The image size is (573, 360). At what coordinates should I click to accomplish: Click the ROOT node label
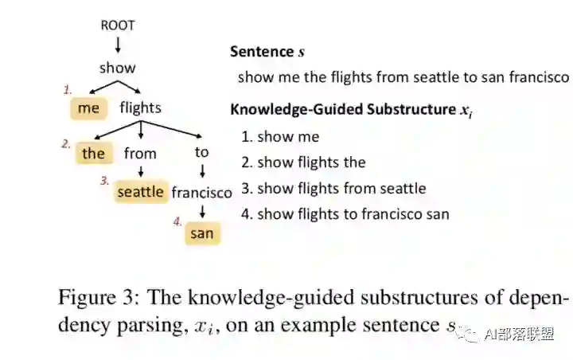coord(118,25)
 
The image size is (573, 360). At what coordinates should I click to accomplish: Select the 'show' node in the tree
coord(118,68)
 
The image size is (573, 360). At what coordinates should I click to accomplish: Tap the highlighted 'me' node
coord(88,108)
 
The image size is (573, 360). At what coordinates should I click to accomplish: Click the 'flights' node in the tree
coord(140,108)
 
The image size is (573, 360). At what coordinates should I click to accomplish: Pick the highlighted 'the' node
coord(93,154)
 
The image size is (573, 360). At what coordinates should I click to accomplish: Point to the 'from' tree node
coord(140,154)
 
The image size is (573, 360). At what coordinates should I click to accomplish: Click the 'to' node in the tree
coord(202,152)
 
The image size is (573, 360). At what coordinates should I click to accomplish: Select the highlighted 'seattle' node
coord(140,192)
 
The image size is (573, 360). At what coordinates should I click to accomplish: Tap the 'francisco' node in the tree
coord(201,193)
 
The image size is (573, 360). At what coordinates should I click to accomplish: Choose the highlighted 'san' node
coord(201,234)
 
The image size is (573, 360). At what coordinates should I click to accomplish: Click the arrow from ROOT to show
coord(118,45)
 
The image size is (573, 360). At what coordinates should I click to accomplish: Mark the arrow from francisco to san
coord(202,212)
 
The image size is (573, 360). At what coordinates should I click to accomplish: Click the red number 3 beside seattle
coord(104,181)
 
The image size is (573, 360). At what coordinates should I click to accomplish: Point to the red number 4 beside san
coord(177,221)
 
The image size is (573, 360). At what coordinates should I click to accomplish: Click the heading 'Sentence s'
coord(267,52)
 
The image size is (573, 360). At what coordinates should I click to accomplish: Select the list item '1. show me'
coord(280,137)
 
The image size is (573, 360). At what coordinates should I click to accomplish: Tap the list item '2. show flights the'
coord(303,162)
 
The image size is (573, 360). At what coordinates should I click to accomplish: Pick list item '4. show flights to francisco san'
coord(345,213)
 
